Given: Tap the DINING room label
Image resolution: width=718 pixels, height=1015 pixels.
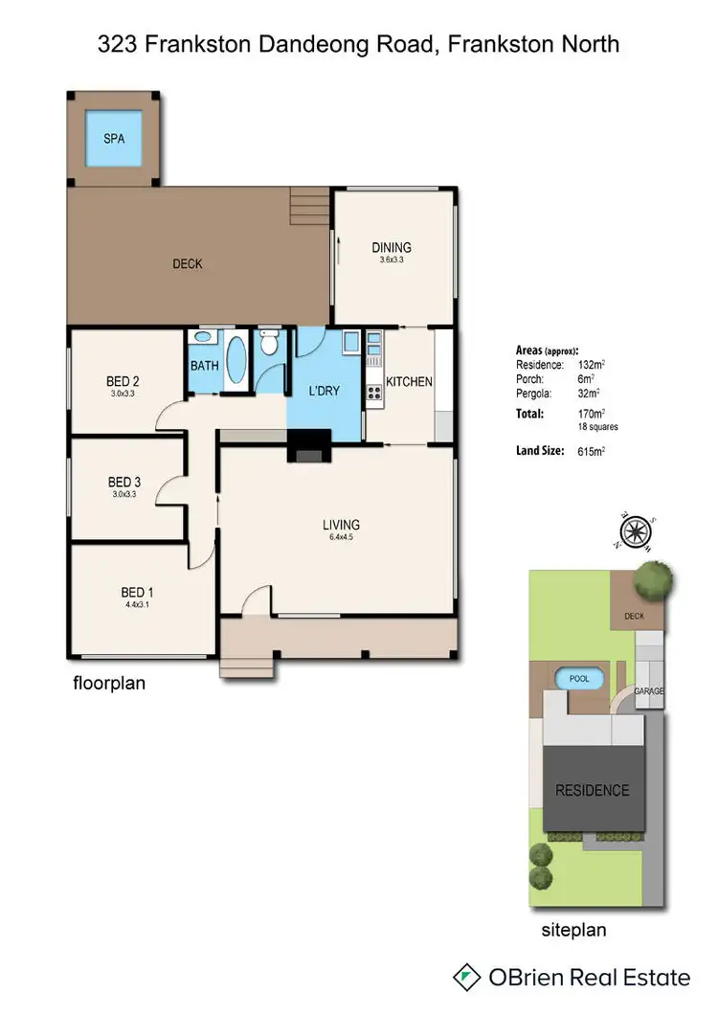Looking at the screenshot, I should (x=392, y=248).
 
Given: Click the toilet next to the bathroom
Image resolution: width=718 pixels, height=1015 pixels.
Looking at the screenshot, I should (x=271, y=343).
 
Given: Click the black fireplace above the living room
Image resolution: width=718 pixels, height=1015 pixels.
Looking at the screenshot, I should (x=308, y=447).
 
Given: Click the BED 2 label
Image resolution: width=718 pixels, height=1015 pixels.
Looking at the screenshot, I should (x=124, y=380).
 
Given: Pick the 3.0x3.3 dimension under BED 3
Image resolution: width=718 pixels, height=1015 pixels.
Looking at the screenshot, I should (x=124, y=494).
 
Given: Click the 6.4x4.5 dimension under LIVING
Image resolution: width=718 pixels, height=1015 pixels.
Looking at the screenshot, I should (x=341, y=538).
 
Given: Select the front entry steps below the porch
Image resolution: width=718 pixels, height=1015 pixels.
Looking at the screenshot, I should (x=248, y=665).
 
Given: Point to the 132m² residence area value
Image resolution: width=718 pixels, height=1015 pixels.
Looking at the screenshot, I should (x=590, y=365).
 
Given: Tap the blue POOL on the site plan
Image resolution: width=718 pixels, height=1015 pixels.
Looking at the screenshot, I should (x=580, y=678).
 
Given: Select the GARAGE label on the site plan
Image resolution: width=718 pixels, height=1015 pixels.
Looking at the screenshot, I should (x=647, y=690).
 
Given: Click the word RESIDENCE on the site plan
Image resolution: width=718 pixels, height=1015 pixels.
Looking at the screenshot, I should (x=593, y=790).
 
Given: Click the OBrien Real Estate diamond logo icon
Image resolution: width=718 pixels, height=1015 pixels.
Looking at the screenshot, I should (x=467, y=978).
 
